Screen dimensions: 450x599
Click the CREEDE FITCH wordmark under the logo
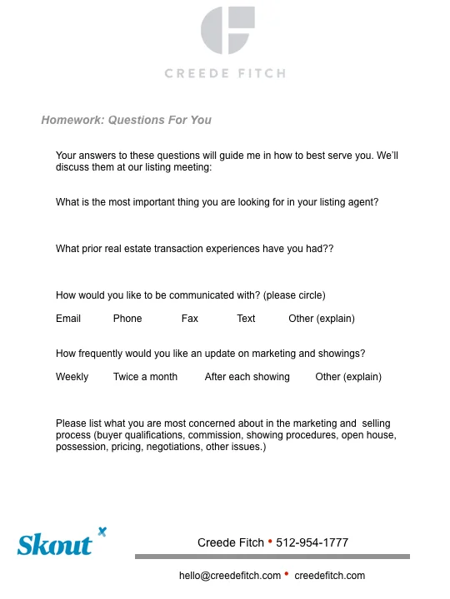[x=225, y=73]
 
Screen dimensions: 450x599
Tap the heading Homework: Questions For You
[x=126, y=120]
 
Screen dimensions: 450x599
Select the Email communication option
[x=68, y=319]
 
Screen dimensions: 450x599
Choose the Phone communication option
[x=127, y=319]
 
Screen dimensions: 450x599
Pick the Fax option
[x=189, y=319]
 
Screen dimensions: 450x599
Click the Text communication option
[x=246, y=319]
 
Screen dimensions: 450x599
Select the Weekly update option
[x=72, y=377]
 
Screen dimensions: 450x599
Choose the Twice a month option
[x=145, y=377]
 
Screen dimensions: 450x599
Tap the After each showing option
[x=247, y=377]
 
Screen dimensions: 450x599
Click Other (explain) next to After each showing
[x=348, y=377]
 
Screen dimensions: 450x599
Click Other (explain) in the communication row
[x=322, y=319]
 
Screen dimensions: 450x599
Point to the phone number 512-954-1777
[x=312, y=542]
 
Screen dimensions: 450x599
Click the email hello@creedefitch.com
[x=230, y=576]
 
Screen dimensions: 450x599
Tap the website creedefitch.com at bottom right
[x=330, y=576]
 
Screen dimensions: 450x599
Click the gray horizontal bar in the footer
[x=272, y=557]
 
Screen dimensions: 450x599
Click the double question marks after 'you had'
[x=327, y=249]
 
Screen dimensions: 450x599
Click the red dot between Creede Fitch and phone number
[x=270, y=542]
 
